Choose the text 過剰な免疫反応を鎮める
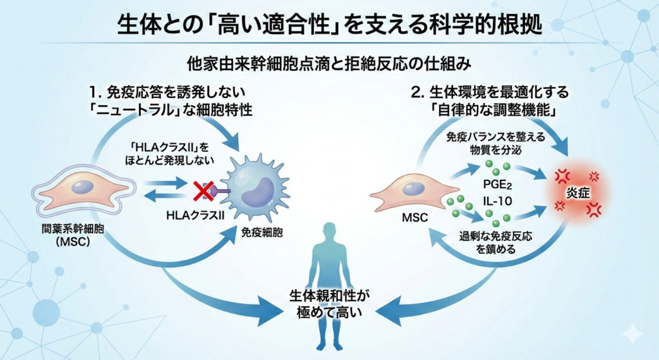click(497, 242)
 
